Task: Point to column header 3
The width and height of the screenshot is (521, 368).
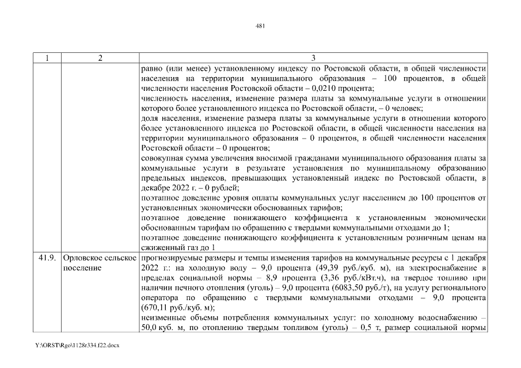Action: (x=313, y=58)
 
